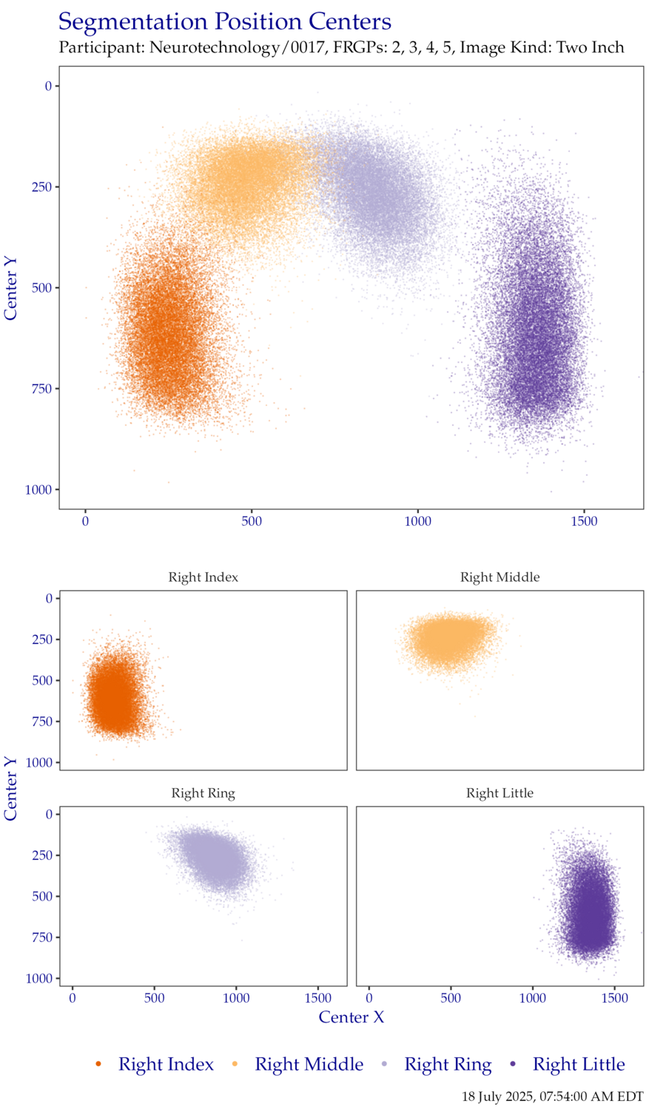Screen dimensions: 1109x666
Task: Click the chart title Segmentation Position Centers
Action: click(224, 21)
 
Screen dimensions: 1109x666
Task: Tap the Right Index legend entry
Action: click(166, 1065)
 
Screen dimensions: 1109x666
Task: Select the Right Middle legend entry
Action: click(309, 1065)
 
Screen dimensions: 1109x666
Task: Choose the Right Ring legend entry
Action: click(447, 1065)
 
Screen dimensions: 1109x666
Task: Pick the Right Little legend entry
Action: click(579, 1065)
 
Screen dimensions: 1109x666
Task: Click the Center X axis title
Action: click(351, 1017)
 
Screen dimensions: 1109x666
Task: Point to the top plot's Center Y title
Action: click(10, 288)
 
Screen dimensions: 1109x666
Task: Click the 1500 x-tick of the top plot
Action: click(584, 521)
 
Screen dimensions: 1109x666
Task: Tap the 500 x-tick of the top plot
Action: click(252, 521)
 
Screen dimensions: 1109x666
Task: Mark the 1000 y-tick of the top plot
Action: click(38, 489)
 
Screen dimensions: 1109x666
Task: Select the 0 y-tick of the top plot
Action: click(48, 86)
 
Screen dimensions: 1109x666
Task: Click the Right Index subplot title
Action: click(203, 577)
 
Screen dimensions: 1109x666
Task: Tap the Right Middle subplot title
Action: click(499, 577)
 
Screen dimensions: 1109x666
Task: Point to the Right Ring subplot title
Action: click(203, 793)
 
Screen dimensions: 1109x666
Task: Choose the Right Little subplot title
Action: click(499, 793)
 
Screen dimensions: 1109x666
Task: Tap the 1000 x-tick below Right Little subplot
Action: click(532, 998)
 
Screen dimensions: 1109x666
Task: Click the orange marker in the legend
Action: click(98, 1065)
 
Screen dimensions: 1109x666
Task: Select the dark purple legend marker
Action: click(513, 1065)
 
